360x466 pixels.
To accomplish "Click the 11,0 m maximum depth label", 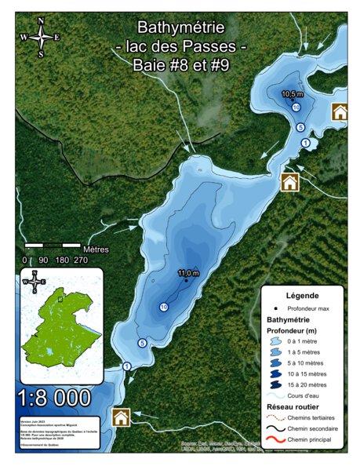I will [188, 272].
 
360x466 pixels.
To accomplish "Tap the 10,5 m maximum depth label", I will [292, 93].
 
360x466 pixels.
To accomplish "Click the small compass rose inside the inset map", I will [34, 281].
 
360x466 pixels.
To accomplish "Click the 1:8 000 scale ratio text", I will [54, 398].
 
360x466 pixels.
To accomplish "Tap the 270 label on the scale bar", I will [80, 260].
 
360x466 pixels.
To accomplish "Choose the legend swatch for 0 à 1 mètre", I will [276, 343].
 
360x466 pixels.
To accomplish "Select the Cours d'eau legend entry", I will [308, 395].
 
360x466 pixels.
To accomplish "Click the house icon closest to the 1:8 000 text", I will [121, 417].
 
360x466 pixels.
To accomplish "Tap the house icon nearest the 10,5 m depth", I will [340, 111].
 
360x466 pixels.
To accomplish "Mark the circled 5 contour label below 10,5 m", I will [300, 126].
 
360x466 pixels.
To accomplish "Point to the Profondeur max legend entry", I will [307, 308].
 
